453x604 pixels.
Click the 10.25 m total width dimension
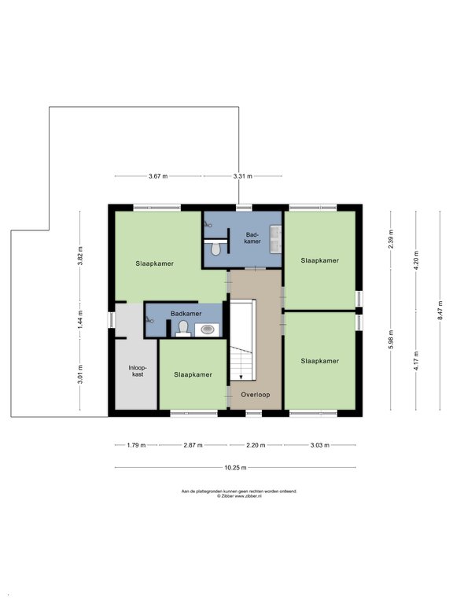pyautogui.click(x=235, y=468)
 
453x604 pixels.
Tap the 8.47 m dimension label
pyautogui.click(x=440, y=313)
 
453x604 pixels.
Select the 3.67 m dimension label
pyautogui.click(x=158, y=176)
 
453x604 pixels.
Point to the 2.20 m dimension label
pyautogui.click(x=256, y=445)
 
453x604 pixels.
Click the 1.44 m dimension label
pyautogui.click(x=80, y=319)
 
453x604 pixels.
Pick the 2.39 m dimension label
pyautogui.click(x=391, y=239)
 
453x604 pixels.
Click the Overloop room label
pyautogui.click(x=256, y=395)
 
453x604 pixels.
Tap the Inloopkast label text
pyautogui.click(x=138, y=370)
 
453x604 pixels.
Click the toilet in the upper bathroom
pyautogui.click(x=215, y=248)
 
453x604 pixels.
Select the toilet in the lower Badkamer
pyautogui.click(x=183, y=328)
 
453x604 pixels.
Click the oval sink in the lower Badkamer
pyautogui.click(x=208, y=330)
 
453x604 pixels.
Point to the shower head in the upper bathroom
pyautogui.click(x=208, y=224)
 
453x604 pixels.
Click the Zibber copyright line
pyautogui.click(x=239, y=496)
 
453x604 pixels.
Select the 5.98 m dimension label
pyautogui.click(x=391, y=340)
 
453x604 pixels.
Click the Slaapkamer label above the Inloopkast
pyautogui.click(x=154, y=264)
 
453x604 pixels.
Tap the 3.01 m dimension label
pyautogui.click(x=80, y=374)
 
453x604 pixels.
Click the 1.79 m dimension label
pyautogui.click(x=136, y=445)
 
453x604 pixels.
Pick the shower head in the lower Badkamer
pyautogui.click(x=149, y=319)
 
